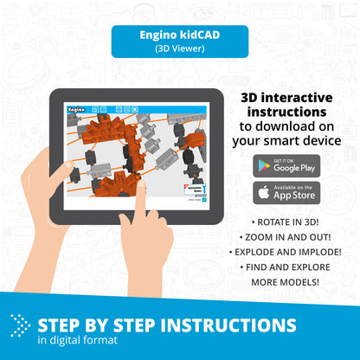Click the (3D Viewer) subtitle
179,49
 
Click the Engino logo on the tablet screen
75,110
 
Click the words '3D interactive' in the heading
283,97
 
